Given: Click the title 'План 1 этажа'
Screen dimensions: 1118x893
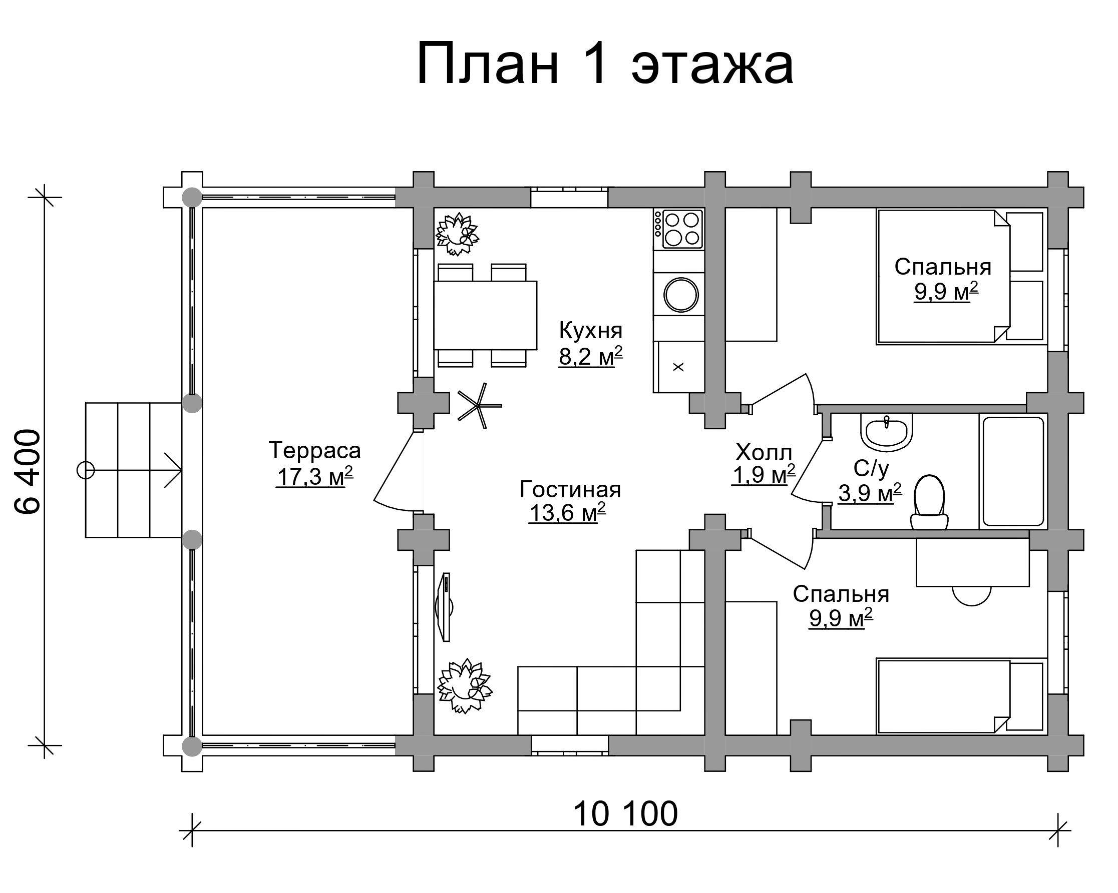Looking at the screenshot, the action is tap(605, 65).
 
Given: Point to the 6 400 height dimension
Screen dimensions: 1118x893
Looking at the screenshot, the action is tap(28, 471).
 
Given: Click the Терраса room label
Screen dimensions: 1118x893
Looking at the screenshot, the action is tap(315, 450).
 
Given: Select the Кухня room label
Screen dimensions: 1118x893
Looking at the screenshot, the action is tap(591, 330).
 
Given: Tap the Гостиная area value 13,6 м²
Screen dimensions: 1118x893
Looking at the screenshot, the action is tap(567, 513).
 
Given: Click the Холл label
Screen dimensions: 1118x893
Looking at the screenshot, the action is tap(764, 452).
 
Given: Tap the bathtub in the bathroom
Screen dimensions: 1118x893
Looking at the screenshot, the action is tap(1013, 471).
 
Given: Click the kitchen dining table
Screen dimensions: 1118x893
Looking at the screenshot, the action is tap(485, 315).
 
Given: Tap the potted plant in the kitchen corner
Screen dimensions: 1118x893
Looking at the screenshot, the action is tap(457, 234).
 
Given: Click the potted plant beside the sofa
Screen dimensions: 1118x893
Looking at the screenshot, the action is tap(464, 686).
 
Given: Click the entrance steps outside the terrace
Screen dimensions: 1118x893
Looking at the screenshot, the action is tap(134, 470).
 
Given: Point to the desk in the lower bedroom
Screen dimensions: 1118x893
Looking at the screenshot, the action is tap(973, 562).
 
